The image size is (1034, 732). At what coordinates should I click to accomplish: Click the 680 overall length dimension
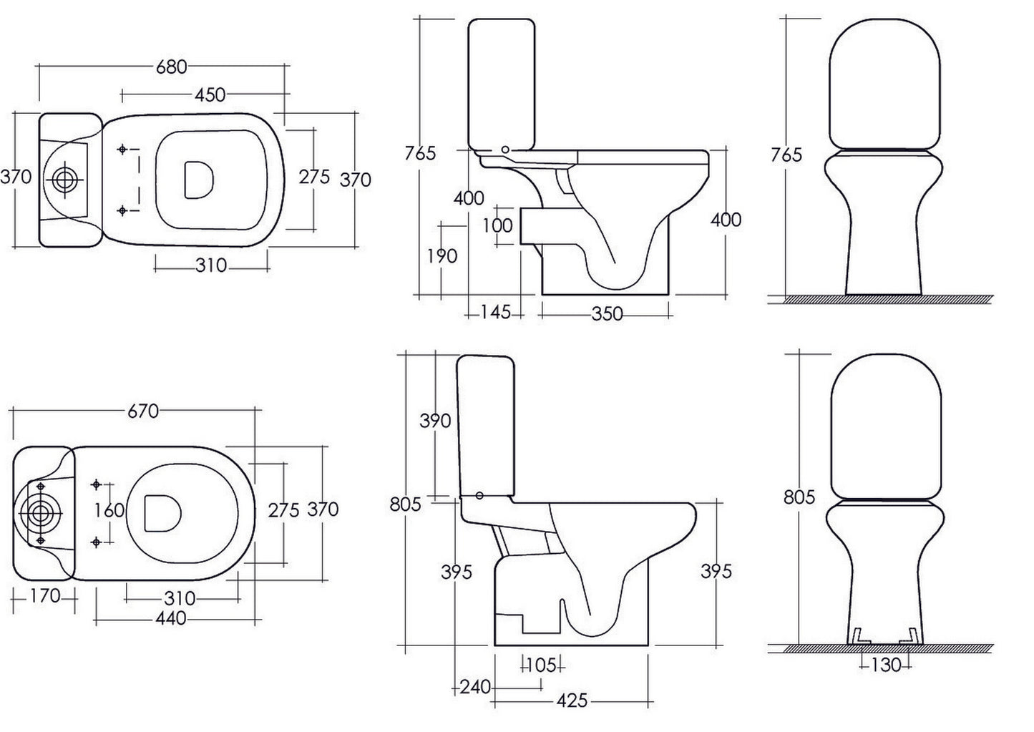[x=171, y=67]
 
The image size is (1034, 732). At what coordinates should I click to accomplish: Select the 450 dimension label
[x=210, y=94]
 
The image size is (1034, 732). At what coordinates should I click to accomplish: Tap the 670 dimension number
[x=142, y=411]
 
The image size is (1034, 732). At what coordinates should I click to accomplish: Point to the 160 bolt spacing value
[x=109, y=510]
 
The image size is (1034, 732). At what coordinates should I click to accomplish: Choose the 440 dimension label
[x=170, y=618]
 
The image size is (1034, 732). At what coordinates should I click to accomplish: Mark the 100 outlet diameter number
[x=497, y=225]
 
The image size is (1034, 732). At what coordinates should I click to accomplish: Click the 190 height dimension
[x=442, y=255]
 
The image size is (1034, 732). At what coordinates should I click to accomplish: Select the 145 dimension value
[x=495, y=312]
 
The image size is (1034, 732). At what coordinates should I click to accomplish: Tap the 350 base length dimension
[x=607, y=313]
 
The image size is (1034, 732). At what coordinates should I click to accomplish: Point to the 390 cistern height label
[x=435, y=421]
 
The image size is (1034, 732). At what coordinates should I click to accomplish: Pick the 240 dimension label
[x=476, y=688]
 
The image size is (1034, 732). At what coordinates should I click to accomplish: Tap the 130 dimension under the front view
[x=886, y=665]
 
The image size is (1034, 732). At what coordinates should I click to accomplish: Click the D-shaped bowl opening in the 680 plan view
[x=197, y=180]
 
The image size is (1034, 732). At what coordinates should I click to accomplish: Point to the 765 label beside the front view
[x=787, y=155]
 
